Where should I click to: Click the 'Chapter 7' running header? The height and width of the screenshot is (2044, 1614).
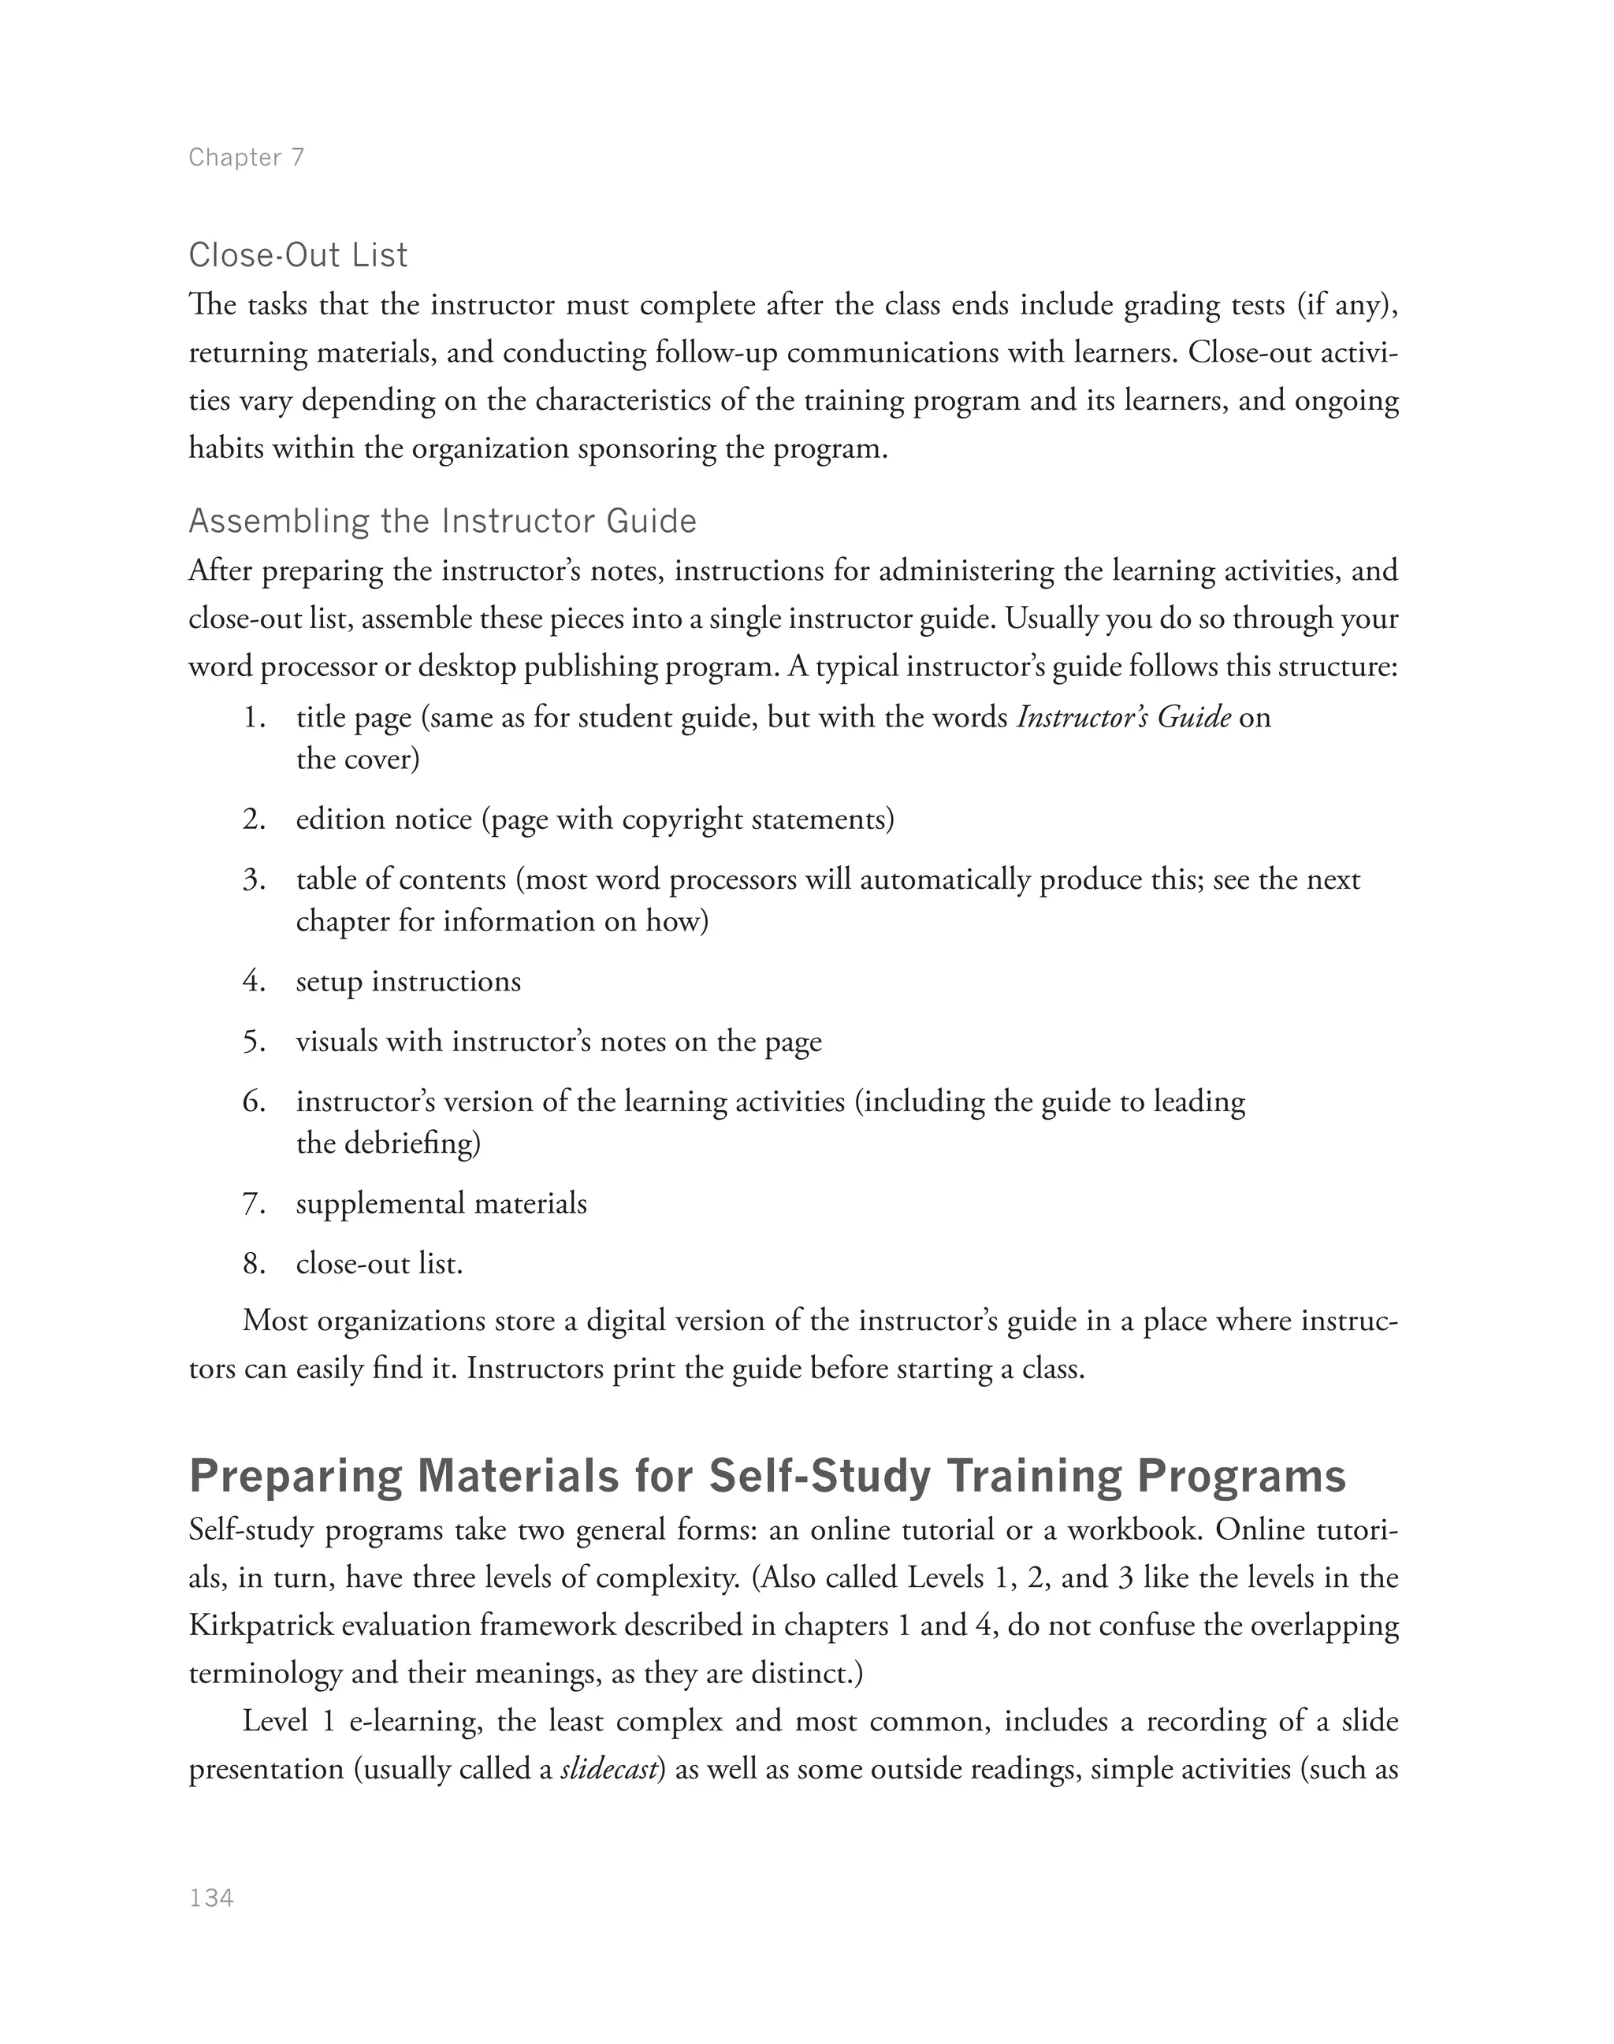pos(247,157)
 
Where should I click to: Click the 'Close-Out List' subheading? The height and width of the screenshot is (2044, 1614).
pos(298,255)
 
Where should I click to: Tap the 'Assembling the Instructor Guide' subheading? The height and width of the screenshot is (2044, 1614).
pos(442,521)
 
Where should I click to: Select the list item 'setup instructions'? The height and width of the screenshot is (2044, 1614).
pos(408,981)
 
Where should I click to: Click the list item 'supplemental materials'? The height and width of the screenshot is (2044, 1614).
pos(441,1203)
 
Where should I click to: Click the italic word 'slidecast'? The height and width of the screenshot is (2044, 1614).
pos(608,1769)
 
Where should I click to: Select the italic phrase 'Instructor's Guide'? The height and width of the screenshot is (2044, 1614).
pos(1122,717)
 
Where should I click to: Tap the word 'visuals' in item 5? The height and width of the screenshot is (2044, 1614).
pos(337,1042)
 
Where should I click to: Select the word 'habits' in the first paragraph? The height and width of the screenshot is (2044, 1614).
pos(226,447)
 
